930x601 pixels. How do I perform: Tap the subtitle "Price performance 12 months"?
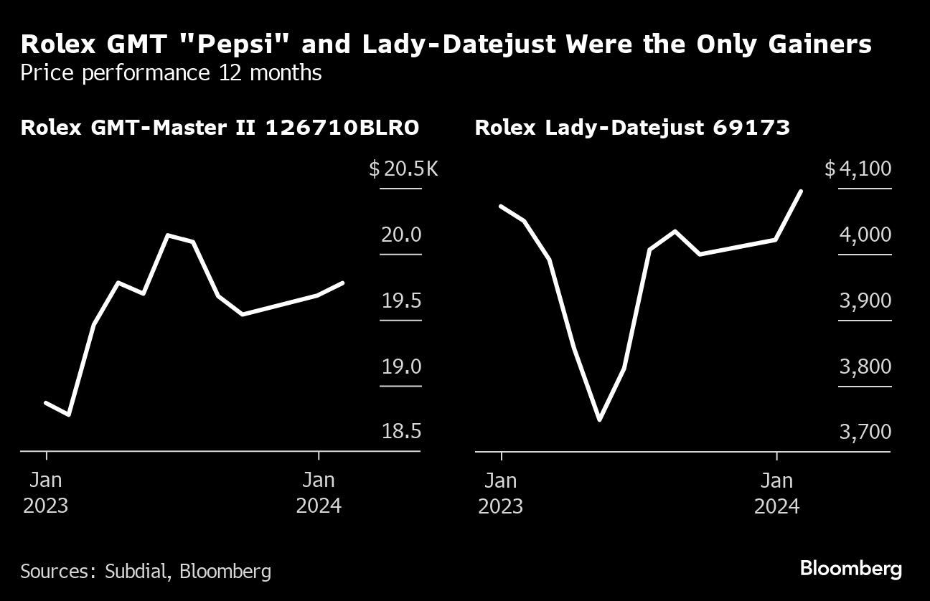coord(171,72)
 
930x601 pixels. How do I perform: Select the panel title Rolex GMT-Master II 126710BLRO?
coord(220,128)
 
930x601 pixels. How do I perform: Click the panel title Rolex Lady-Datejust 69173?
coord(632,128)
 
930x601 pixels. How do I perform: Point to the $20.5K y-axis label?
coord(403,170)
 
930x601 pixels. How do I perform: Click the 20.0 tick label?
coord(401,235)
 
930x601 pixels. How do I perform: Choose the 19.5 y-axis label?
coord(401,301)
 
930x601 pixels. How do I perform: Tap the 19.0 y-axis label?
coord(401,367)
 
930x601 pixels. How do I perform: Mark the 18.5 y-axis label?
coord(401,432)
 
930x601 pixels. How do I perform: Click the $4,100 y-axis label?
coord(858,170)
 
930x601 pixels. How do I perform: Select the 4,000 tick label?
coord(865,235)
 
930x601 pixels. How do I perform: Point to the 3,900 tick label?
coord(865,301)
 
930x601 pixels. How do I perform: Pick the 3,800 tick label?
coord(865,367)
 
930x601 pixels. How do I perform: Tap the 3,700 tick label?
coord(865,432)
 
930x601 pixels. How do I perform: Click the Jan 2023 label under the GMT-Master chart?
coord(46,492)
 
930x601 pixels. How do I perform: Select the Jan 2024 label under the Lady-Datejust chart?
coord(776,492)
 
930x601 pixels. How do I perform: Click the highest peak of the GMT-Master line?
coord(168,235)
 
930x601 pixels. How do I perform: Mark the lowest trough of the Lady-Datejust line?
coord(599,420)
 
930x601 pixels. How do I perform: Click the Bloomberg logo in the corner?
coord(850,569)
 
